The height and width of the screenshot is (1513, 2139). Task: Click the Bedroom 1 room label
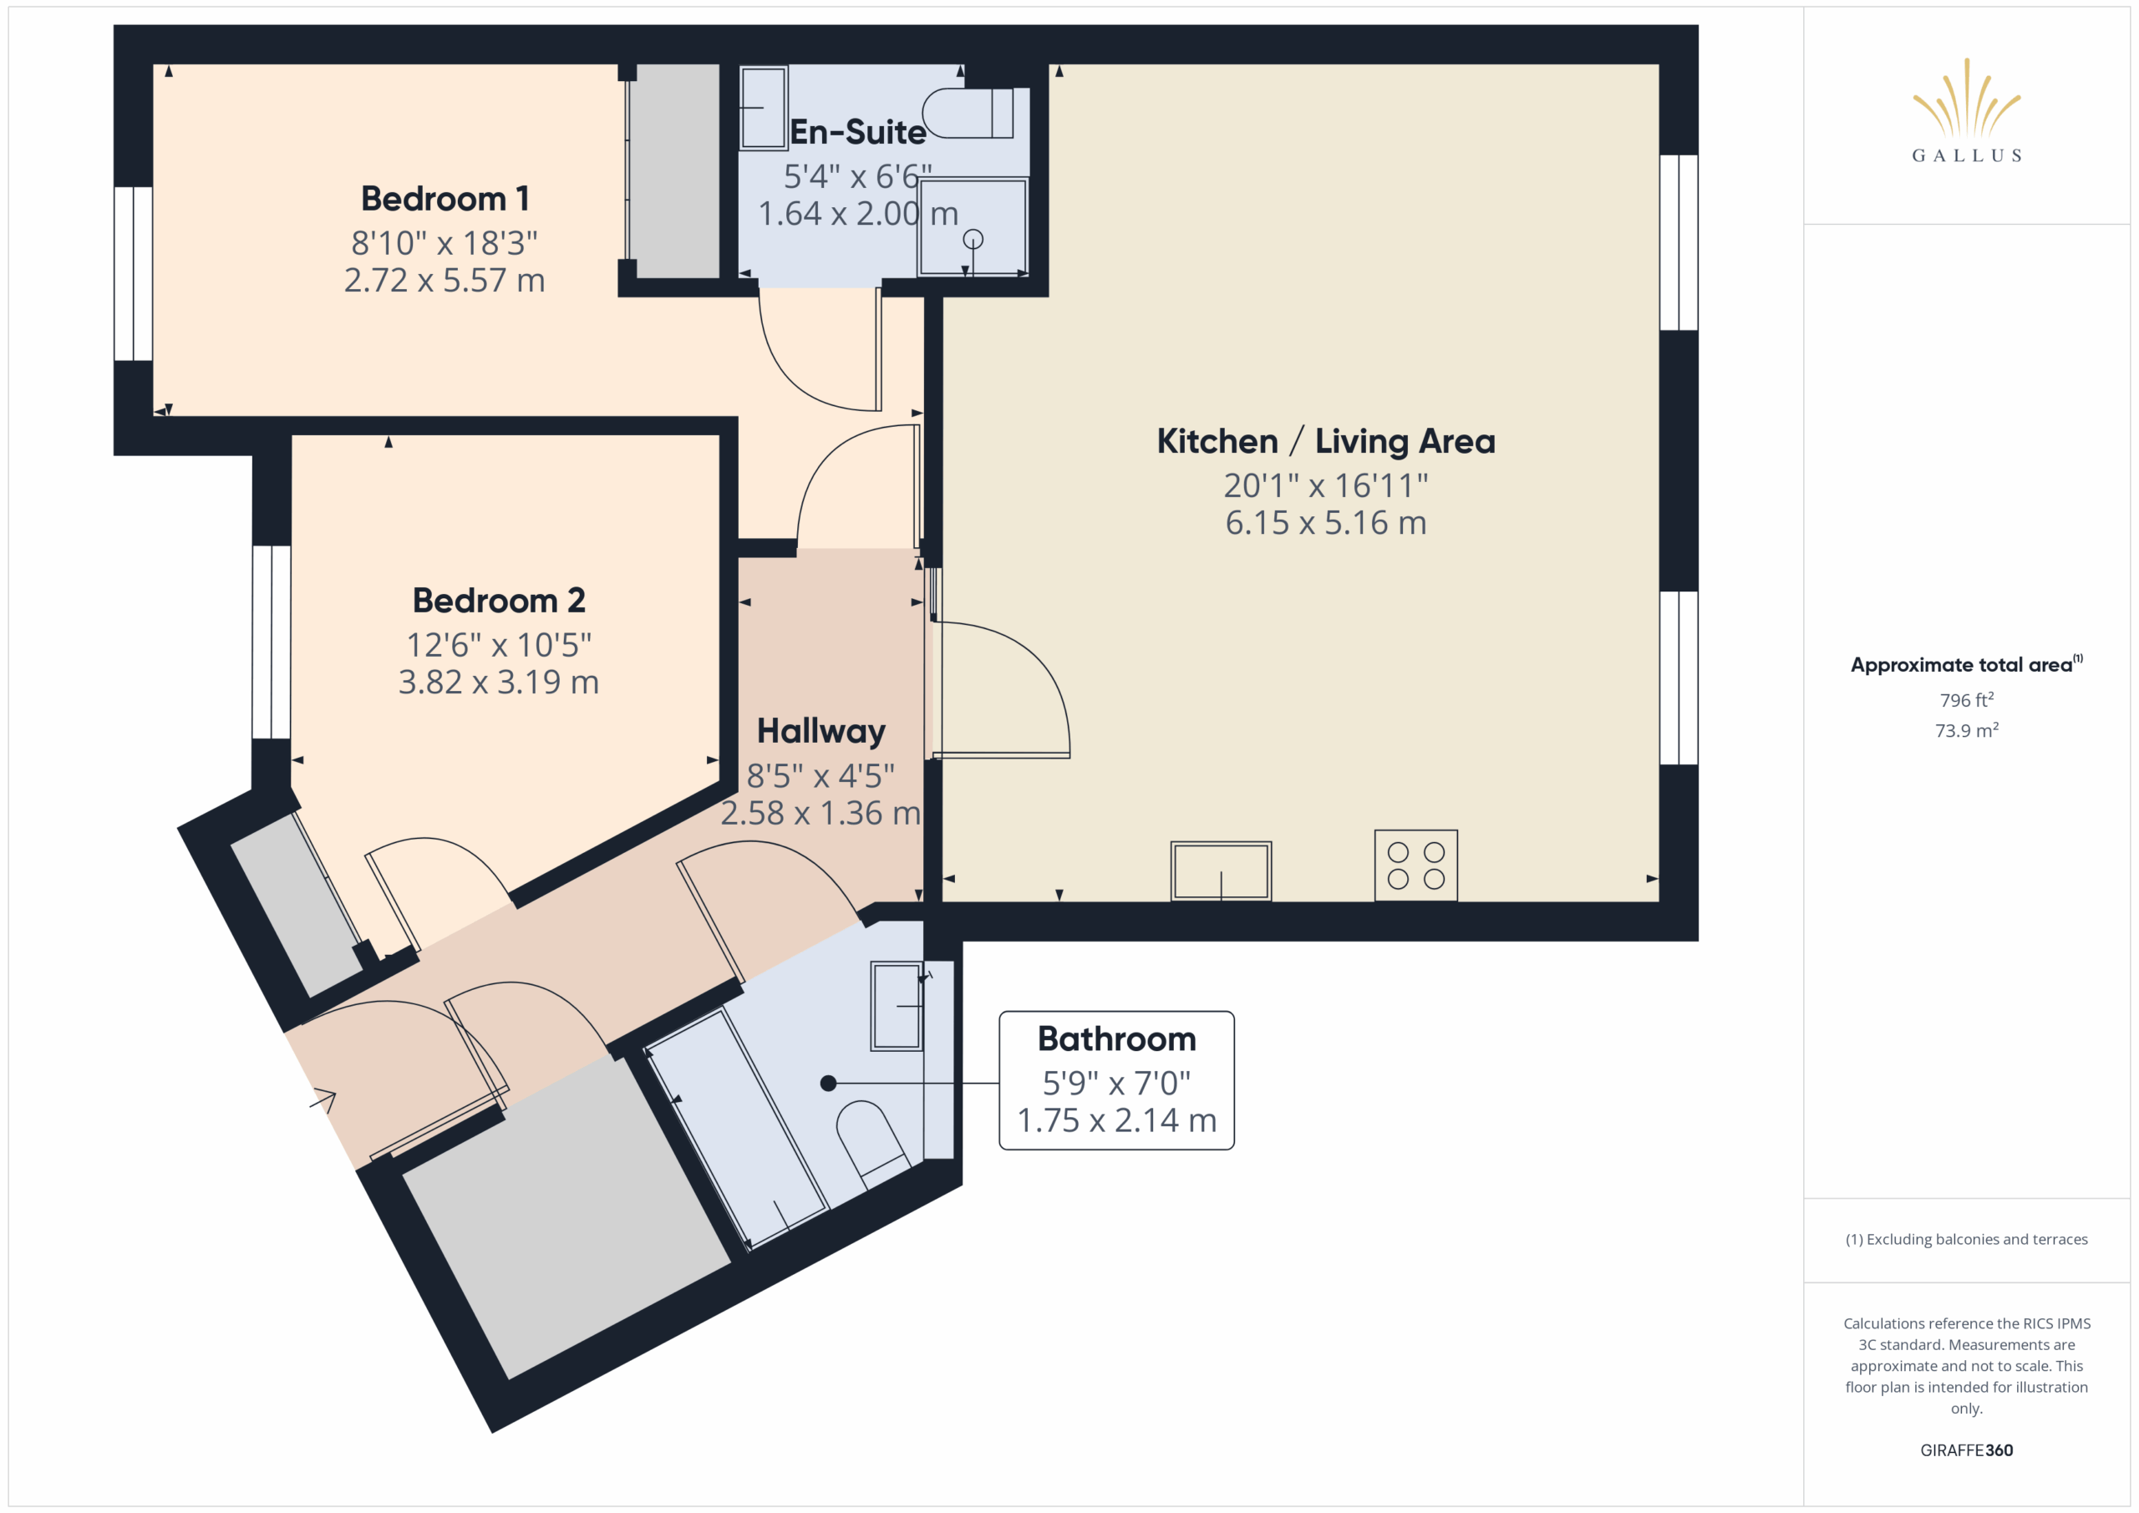point(445,199)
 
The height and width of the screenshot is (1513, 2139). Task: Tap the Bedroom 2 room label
point(499,600)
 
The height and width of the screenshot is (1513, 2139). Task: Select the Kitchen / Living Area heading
point(1326,440)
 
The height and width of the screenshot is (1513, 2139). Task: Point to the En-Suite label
point(857,132)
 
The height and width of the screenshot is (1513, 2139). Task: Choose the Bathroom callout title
point(1116,1038)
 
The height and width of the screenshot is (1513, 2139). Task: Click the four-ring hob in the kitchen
point(1416,866)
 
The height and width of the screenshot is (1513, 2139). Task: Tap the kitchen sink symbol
point(1221,871)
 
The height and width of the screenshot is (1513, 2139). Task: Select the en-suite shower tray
point(973,227)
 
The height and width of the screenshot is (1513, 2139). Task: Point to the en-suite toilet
point(969,114)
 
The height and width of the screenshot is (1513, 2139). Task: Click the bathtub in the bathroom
point(737,1128)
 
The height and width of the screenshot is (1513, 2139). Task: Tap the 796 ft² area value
point(1967,699)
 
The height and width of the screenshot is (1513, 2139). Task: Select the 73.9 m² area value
point(1967,730)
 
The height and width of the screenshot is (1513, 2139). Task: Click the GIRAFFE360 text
point(1967,1450)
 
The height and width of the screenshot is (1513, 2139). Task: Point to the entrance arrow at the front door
point(323,1101)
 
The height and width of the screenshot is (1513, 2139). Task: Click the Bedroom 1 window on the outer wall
point(133,273)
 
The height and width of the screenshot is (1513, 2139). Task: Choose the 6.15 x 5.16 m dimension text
point(1326,523)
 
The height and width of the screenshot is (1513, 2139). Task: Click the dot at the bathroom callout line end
point(828,1083)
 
